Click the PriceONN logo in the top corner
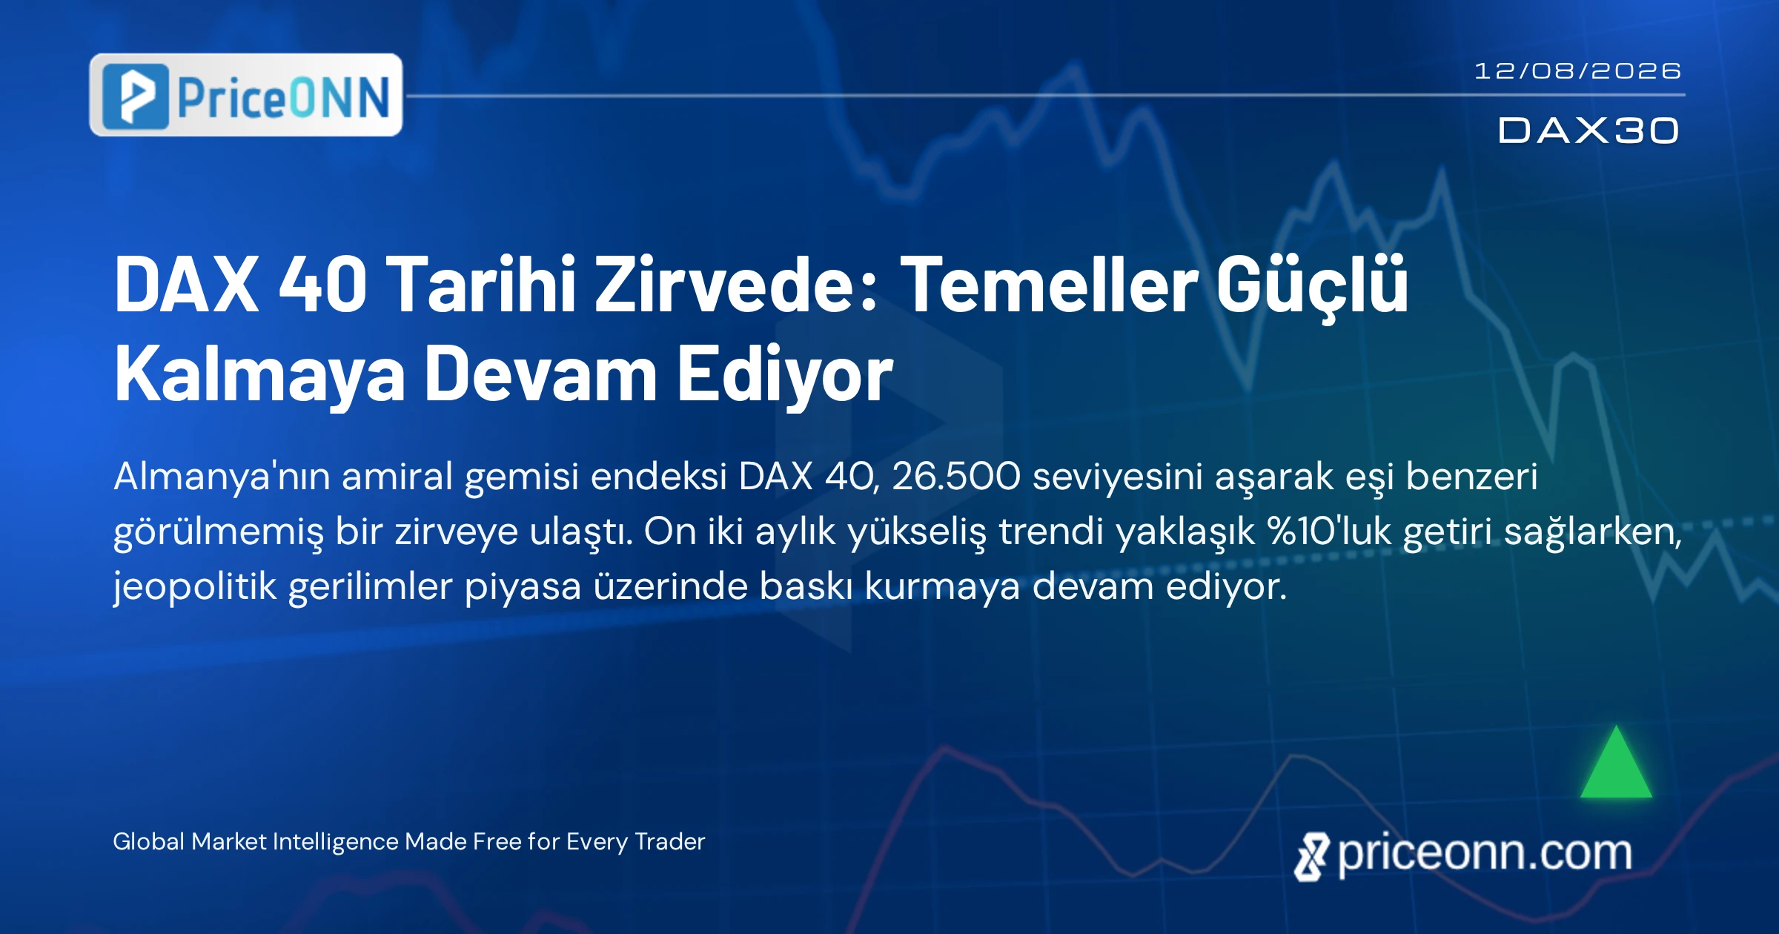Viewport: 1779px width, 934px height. [x=246, y=95]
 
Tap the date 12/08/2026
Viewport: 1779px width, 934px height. [x=1577, y=70]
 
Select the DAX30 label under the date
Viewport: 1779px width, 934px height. [x=1588, y=130]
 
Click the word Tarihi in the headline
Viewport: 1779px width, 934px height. [x=484, y=284]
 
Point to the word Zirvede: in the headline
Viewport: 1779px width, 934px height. [x=738, y=284]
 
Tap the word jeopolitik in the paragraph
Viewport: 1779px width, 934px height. [x=195, y=588]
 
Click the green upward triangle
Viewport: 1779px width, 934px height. [x=1616, y=762]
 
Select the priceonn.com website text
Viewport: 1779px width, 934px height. [x=1485, y=854]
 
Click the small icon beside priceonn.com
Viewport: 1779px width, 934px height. [x=1312, y=857]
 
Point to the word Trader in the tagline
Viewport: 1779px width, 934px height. [x=670, y=841]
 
